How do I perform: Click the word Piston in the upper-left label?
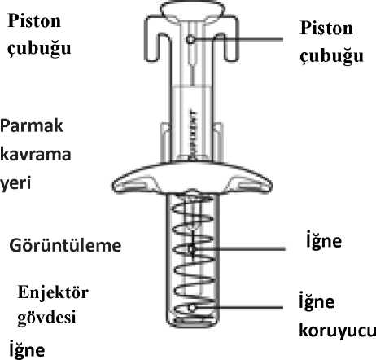coord(34,20)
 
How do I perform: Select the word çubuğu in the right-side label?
coord(331,56)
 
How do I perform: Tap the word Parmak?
coord(32,125)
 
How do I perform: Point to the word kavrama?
coord(36,154)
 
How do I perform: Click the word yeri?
coord(15,183)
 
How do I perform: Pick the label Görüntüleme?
coord(65,245)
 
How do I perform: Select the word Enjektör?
coord(53,292)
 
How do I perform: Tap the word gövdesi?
coord(46,317)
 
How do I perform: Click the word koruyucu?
coord(338,331)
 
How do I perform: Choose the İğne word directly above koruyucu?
coord(317,301)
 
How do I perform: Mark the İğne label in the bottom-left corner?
coord(27,349)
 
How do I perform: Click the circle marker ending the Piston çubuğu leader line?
coord(190,40)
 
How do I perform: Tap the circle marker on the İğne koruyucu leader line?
coord(192,308)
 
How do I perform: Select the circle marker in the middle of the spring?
coord(192,248)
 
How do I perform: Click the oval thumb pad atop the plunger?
coord(192,9)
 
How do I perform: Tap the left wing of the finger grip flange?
coord(136,182)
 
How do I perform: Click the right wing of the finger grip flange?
coord(250,182)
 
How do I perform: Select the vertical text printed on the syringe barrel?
coord(193,134)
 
